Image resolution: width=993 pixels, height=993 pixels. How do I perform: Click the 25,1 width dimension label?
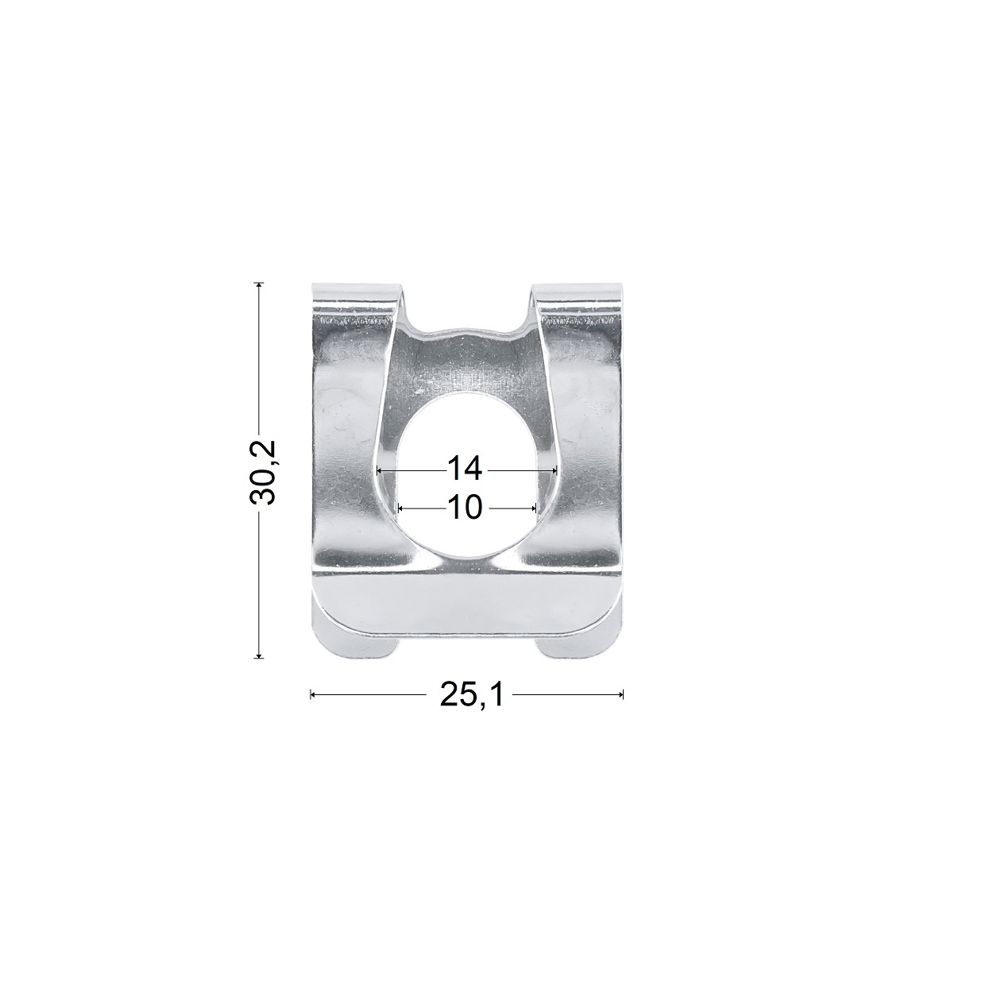click(x=470, y=695)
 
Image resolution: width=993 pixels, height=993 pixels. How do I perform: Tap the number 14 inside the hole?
click(x=465, y=469)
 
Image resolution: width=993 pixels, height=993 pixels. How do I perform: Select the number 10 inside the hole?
click(x=465, y=508)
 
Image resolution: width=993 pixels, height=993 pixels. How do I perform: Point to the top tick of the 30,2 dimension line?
click(x=258, y=283)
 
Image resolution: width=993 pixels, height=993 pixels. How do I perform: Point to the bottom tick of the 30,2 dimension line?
click(x=258, y=658)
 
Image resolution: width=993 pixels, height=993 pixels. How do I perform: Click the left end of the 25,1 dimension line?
click(x=311, y=695)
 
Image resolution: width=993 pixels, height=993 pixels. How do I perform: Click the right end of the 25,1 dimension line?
click(x=623, y=695)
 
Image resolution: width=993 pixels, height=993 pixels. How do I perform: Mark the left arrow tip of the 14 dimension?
click(x=377, y=470)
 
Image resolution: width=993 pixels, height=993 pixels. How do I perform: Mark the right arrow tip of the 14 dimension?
click(x=557, y=470)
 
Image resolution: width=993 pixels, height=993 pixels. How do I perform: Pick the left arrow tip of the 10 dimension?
click(x=398, y=508)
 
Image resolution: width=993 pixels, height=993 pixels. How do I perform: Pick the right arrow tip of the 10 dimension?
click(x=537, y=508)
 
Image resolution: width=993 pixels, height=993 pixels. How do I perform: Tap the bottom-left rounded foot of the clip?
click(x=357, y=645)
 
